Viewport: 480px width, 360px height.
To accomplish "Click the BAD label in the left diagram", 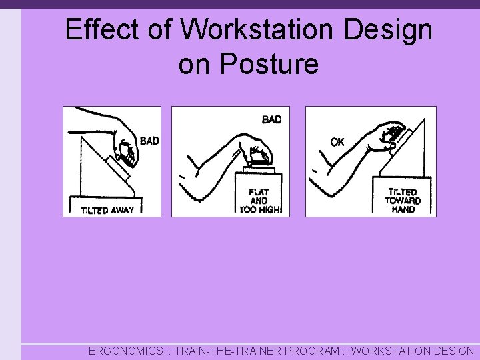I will (149, 141).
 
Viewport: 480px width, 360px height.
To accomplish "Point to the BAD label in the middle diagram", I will (271, 119).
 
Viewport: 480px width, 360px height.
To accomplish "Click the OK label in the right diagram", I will (337, 142).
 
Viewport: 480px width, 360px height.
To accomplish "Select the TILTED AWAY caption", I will (107, 210).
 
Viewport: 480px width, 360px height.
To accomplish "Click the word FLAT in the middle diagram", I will (259, 192).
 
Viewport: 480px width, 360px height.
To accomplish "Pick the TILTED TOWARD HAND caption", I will (403, 200).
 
